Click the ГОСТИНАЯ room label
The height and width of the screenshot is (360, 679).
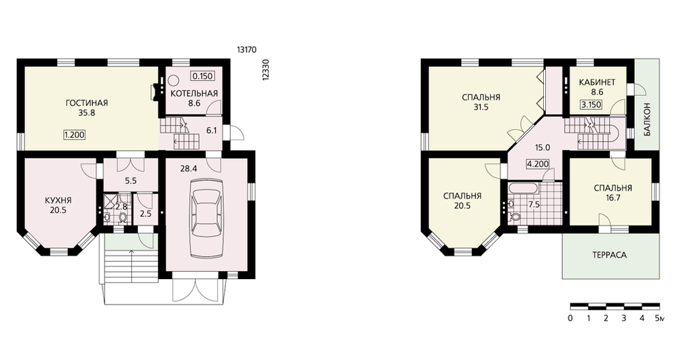[x=87, y=103]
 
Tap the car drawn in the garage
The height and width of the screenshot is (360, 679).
[x=208, y=215]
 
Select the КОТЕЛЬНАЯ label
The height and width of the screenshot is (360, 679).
[x=194, y=94]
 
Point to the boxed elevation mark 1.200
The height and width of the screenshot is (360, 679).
[x=74, y=134]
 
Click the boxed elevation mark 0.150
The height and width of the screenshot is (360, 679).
[x=202, y=76]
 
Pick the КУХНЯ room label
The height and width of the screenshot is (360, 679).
[x=58, y=200]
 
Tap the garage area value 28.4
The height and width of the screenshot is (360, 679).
[x=189, y=169]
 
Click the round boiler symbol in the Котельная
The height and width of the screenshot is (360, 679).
[x=174, y=80]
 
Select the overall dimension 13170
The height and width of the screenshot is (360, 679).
[x=246, y=50]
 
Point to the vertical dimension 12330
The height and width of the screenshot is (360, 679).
[x=266, y=69]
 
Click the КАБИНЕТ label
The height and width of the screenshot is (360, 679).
[x=597, y=82]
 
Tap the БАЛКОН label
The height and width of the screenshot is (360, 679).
[x=647, y=119]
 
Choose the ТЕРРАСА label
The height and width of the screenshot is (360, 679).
[x=609, y=255]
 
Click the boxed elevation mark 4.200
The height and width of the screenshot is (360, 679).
[x=537, y=164]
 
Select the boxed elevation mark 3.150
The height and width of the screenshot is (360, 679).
[x=591, y=105]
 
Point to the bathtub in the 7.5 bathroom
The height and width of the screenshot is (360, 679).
[x=524, y=189]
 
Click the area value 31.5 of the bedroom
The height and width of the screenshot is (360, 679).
[x=481, y=107]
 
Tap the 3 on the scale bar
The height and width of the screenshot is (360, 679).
[x=623, y=319]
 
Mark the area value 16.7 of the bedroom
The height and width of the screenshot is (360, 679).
[x=613, y=198]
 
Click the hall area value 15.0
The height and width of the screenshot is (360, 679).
[x=542, y=147]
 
